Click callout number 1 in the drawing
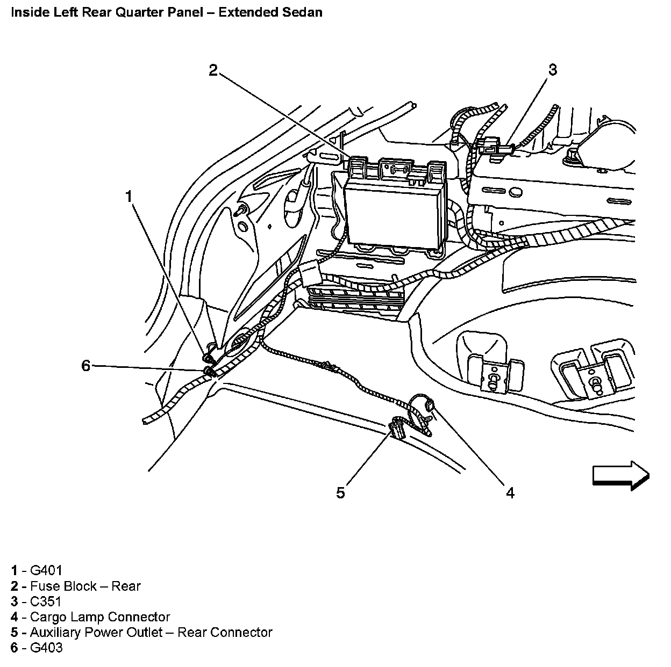[129, 197]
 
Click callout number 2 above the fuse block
[213, 70]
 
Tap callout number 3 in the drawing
[553, 69]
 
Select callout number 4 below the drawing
[510, 492]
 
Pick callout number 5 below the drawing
[340, 492]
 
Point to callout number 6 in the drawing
[86, 366]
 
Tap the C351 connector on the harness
[492, 147]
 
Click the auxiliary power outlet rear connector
[397, 428]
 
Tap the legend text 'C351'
[46, 601]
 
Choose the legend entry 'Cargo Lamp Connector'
[100, 617]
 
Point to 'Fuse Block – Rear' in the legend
[85, 586]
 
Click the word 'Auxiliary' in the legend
[56, 633]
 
